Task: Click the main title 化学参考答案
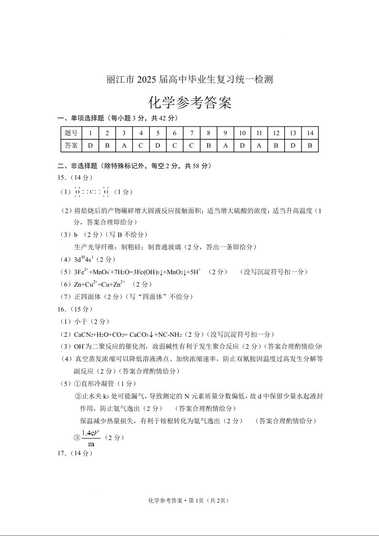pyautogui.click(x=190, y=103)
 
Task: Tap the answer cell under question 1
pyautogui.click(x=90, y=145)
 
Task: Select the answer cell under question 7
pyautogui.click(x=191, y=145)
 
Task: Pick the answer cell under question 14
pyautogui.click(x=310, y=145)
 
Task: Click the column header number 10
pyautogui.click(x=242, y=133)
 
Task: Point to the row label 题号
pyautogui.click(x=71, y=133)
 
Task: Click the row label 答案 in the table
pyautogui.click(x=71, y=145)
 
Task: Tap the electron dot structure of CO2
pyautogui.click(x=92, y=192)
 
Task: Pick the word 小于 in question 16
pyautogui.click(x=81, y=322)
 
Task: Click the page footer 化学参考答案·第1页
pyautogui.click(x=190, y=500)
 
